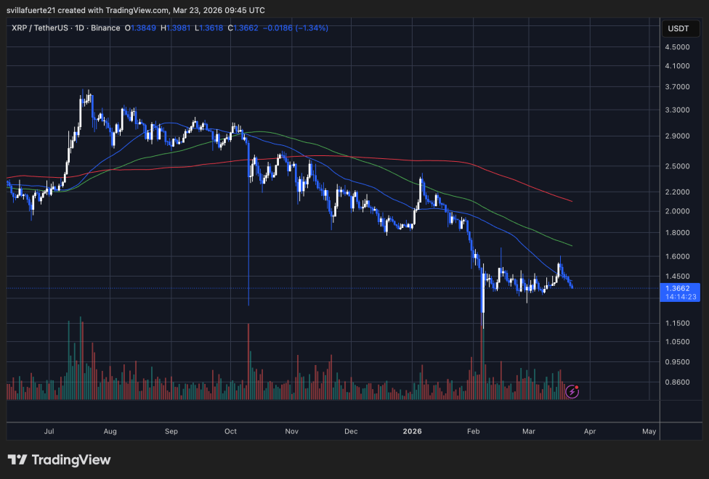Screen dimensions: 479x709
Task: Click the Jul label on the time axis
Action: click(49, 431)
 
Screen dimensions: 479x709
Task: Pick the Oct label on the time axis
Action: click(230, 431)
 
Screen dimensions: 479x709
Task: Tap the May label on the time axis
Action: click(649, 431)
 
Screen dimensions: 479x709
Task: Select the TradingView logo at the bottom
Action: click(60, 460)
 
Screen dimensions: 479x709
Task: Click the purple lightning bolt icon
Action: click(572, 391)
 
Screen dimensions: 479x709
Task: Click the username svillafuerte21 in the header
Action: click(33, 10)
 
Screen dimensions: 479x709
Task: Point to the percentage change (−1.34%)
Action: click(308, 28)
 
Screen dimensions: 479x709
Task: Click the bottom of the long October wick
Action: click(248, 305)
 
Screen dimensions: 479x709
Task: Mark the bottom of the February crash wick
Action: click(482, 328)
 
